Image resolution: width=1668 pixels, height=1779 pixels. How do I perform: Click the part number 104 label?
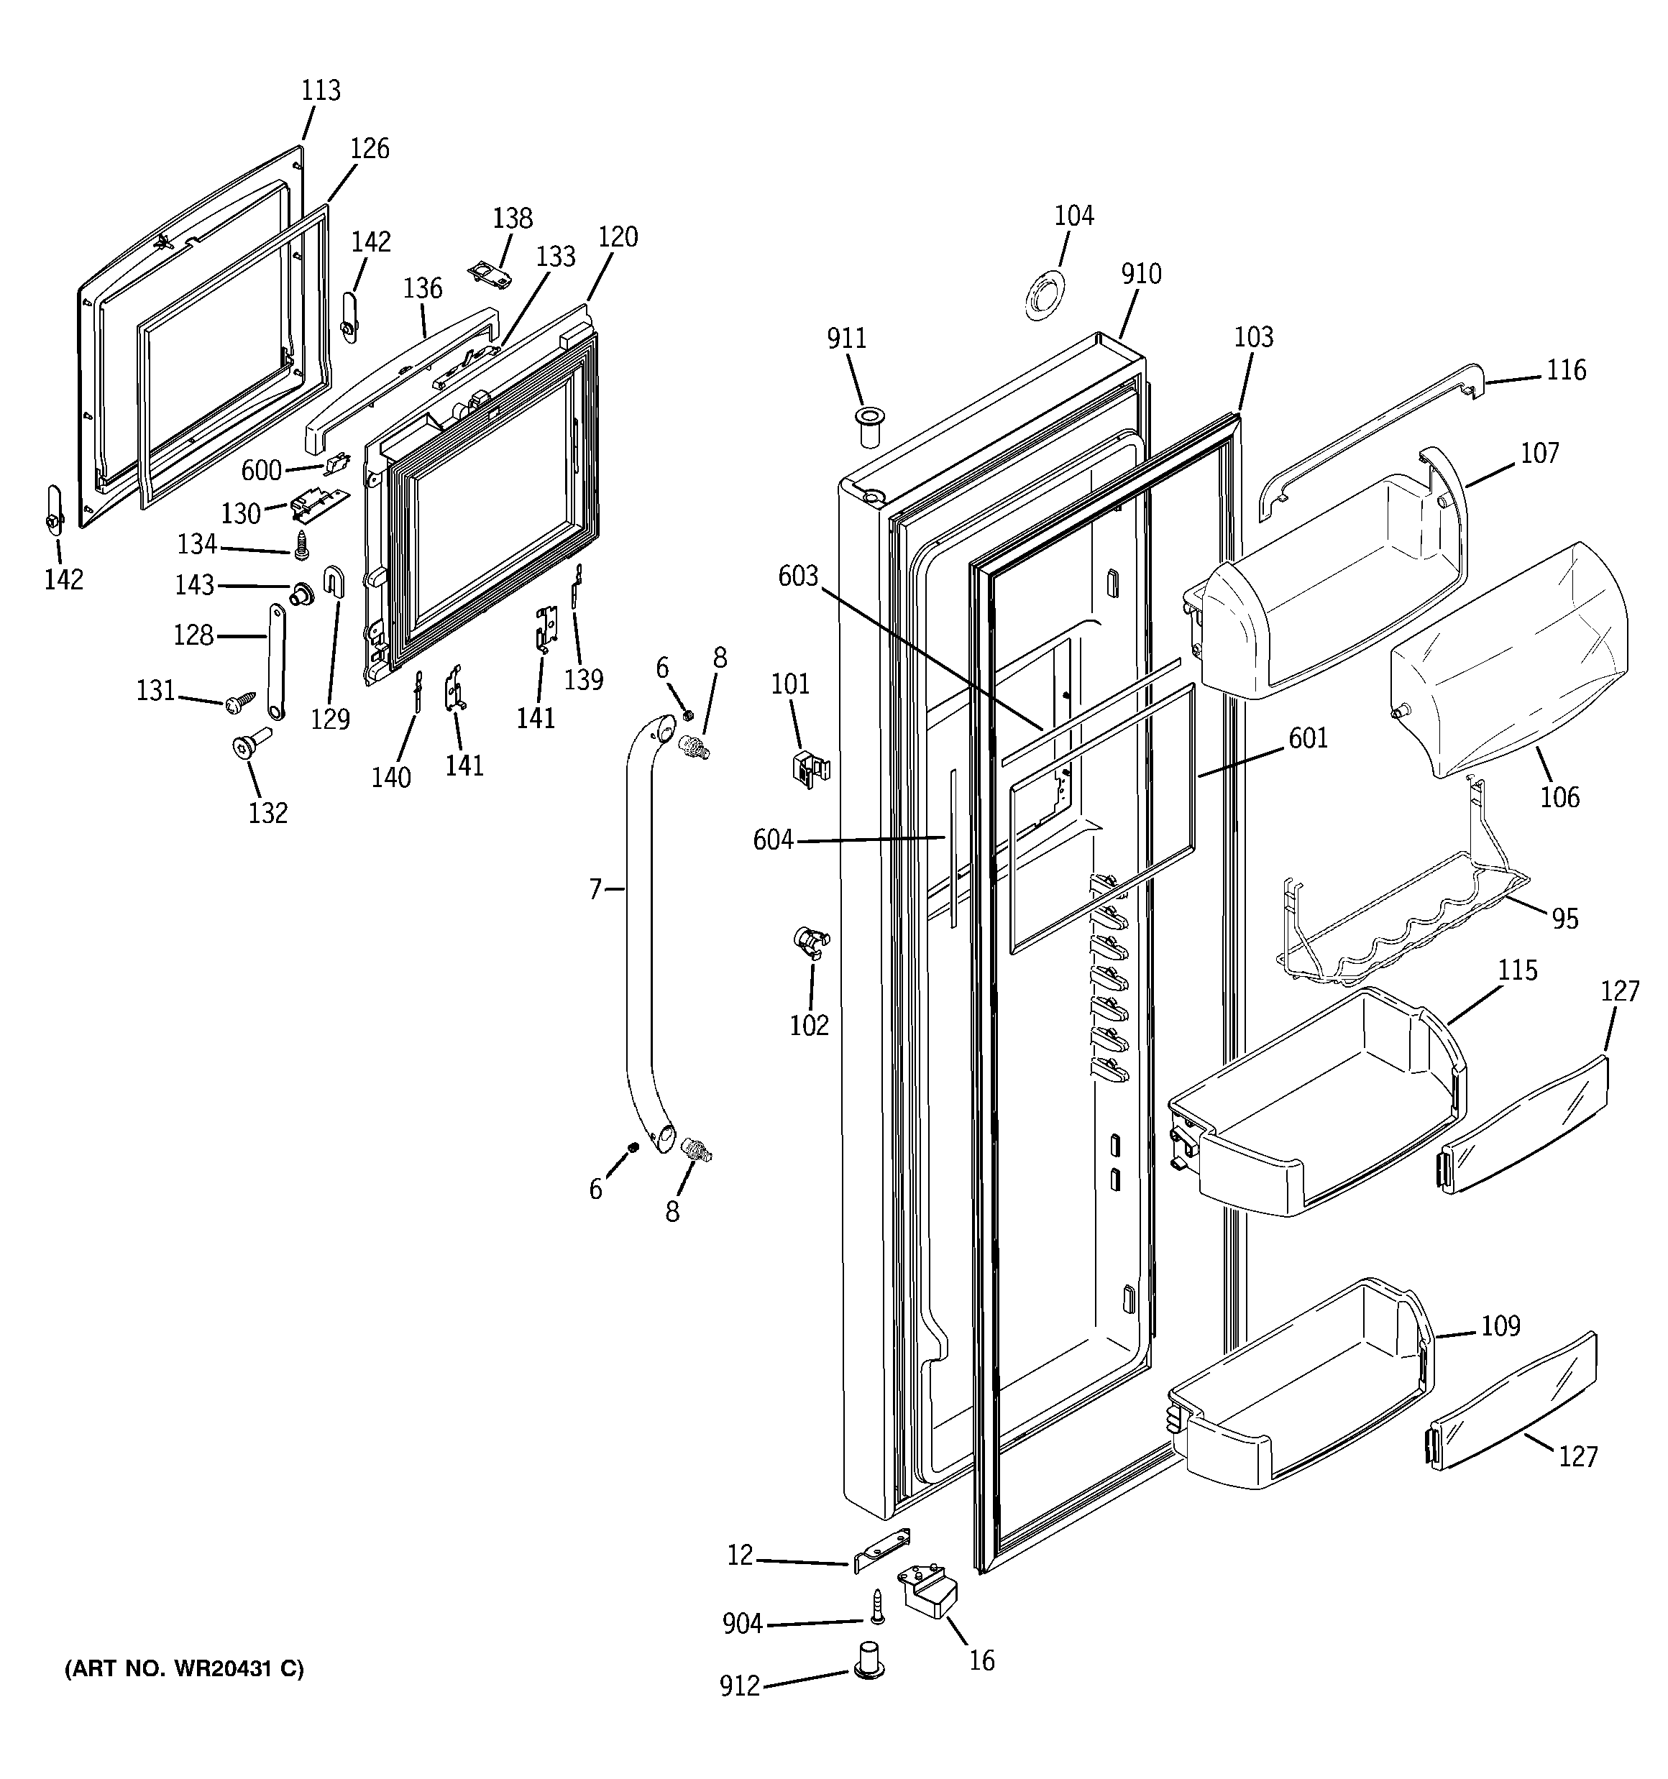(x=1073, y=216)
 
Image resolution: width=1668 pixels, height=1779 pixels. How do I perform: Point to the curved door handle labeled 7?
(x=638, y=931)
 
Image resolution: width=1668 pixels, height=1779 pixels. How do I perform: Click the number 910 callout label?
(x=1141, y=274)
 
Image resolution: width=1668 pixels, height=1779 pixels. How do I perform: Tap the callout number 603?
(x=798, y=576)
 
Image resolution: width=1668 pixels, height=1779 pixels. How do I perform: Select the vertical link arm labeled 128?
(x=275, y=661)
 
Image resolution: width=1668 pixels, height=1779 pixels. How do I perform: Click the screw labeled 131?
(x=240, y=704)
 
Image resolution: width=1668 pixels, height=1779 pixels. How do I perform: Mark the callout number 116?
(x=1566, y=369)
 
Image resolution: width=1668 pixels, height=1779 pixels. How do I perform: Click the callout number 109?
(x=1500, y=1325)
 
